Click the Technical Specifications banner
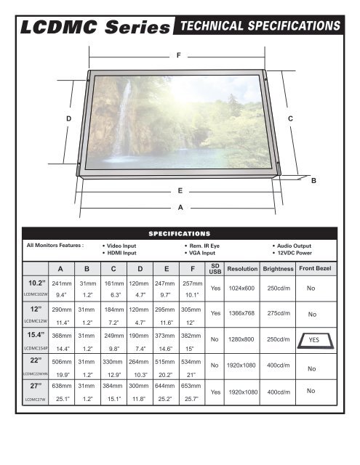point(260,25)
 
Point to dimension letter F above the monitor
point(179,55)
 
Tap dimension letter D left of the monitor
point(68,118)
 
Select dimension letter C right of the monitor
point(290,118)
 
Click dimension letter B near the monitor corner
point(313,179)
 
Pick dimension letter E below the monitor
point(179,190)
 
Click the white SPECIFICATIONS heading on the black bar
point(180,234)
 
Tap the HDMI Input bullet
point(120,254)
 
